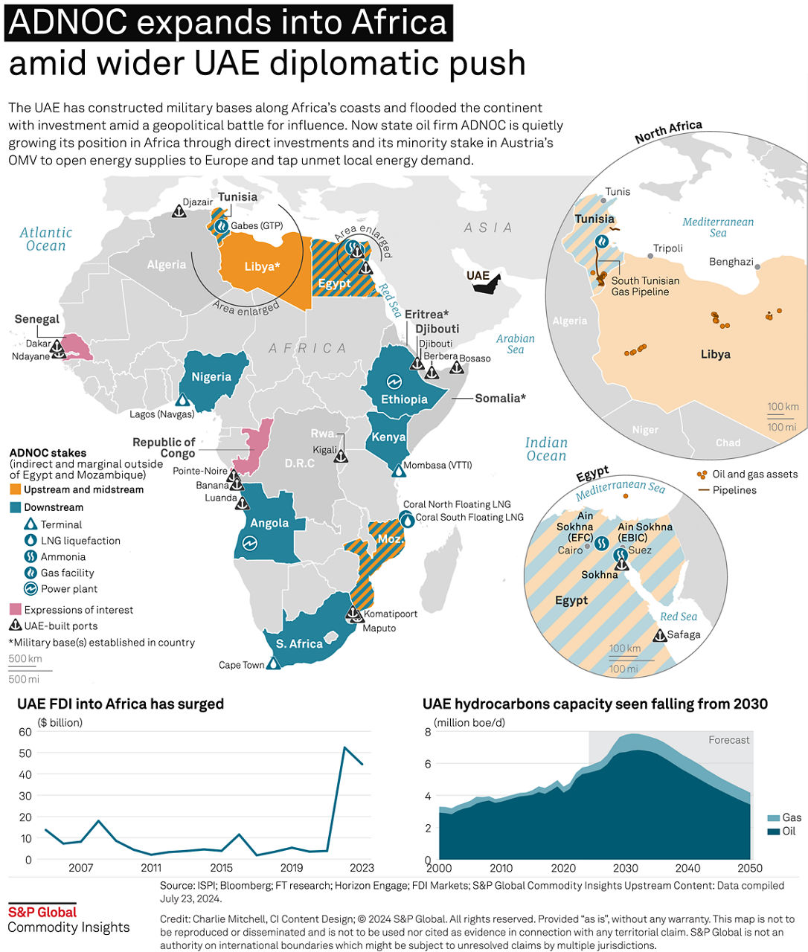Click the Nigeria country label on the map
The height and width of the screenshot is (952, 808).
click(x=211, y=377)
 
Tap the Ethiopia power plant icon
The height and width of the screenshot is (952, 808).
click(x=394, y=382)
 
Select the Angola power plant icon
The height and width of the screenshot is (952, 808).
click(x=250, y=543)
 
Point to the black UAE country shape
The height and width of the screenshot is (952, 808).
click(x=487, y=283)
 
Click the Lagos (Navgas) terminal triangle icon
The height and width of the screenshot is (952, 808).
click(x=183, y=399)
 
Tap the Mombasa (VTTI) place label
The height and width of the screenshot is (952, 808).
click(x=437, y=465)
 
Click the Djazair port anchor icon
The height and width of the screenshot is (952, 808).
click(x=179, y=211)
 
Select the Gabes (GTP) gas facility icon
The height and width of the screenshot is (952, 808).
click(x=222, y=225)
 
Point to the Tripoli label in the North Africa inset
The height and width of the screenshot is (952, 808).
click(x=668, y=248)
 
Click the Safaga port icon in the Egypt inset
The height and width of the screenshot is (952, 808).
click(x=660, y=635)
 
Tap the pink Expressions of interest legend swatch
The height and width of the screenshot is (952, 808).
click(x=15, y=609)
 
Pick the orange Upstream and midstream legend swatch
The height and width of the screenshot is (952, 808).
click(x=15, y=489)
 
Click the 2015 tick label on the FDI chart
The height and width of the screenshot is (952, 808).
click(x=221, y=868)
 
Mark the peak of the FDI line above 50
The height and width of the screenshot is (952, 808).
click(x=344, y=747)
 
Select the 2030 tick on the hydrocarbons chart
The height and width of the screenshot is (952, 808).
click(x=625, y=868)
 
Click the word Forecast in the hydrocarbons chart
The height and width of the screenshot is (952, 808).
click(x=729, y=740)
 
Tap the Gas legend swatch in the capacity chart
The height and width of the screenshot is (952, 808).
click(x=774, y=818)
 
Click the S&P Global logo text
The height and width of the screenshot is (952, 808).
click(x=42, y=913)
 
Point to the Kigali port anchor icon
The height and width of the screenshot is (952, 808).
click(x=341, y=456)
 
